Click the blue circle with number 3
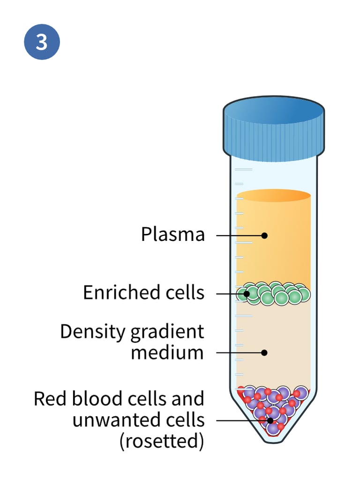pos(42,42)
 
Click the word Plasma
pos(173,234)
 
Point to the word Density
pos(93,332)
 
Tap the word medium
pos(167,352)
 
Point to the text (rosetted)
pos(162,441)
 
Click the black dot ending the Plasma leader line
pos(264,235)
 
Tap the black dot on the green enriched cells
pos(246,294)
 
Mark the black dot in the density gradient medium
pos(264,352)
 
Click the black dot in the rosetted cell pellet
pos(270,420)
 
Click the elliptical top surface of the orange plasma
pos(273,195)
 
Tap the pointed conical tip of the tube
pos(273,438)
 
